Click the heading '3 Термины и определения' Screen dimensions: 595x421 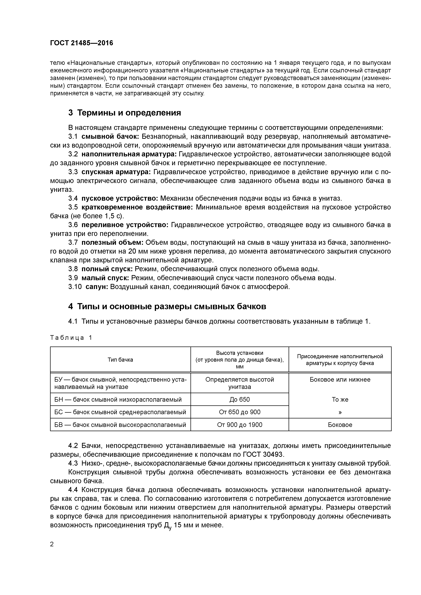[124, 113]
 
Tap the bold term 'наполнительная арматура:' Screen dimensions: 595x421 [129, 154]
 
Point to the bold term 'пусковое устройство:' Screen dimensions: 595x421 [120, 198]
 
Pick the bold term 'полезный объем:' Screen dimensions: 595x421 [112, 243]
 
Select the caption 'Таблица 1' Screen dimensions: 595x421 [71, 338]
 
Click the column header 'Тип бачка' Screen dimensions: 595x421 [120, 359]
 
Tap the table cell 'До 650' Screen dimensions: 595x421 [239, 399]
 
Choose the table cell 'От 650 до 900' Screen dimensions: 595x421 [239, 412]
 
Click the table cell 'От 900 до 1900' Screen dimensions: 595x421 [239, 425]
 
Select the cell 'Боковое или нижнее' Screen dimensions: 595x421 [340, 380]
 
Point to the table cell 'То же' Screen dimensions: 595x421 [340, 399]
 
